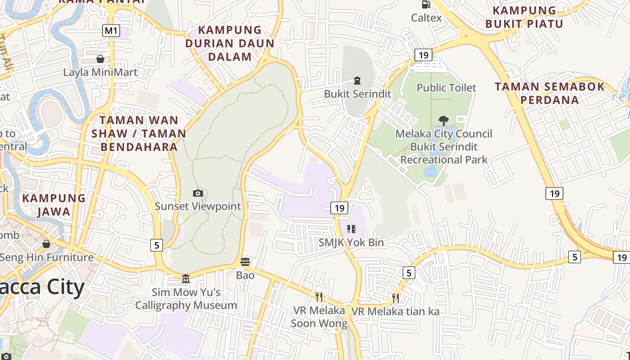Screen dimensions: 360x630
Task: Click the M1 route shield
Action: [111, 31]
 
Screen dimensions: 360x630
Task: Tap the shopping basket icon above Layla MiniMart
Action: [100, 59]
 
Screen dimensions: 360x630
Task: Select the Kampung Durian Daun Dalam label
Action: [229, 43]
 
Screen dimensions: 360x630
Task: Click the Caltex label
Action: [426, 18]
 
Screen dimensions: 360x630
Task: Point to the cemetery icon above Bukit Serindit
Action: [357, 81]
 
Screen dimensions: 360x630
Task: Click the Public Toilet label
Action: [446, 87]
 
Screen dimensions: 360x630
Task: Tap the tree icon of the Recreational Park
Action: [444, 120]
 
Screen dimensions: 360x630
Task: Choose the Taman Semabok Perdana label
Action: [550, 93]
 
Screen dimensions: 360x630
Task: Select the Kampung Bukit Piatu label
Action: [524, 17]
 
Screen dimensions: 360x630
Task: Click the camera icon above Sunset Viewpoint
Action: [198, 193]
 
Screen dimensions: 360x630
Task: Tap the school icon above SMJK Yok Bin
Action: [351, 229]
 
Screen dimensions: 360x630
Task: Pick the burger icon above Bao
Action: [245, 262]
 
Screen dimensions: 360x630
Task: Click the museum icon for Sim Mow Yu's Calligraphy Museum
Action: [186, 279]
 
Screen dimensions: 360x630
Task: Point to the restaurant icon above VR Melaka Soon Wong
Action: [319, 297]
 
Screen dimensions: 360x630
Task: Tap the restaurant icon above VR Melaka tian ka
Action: [395, 297]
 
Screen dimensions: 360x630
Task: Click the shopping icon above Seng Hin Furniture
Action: [46, 244]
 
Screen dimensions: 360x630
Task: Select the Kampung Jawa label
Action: [54, 205]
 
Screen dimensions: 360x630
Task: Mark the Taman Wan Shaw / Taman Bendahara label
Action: [139, 133]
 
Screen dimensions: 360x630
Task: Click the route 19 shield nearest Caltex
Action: [423, 55]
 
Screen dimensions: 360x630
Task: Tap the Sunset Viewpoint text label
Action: [198, 207]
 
